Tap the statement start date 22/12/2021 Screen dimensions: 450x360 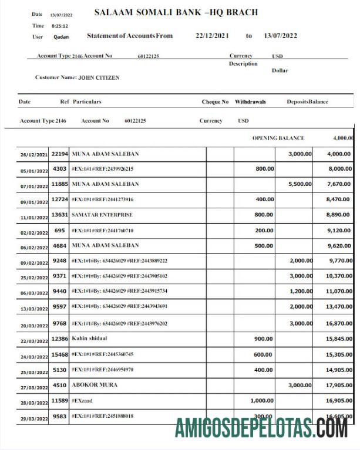[x=212, y=36]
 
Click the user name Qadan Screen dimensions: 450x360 [x=61, y=36]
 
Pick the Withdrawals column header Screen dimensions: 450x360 [x=250, y=101]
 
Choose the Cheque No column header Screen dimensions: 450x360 [x=215, y=101]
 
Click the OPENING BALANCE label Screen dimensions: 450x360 [x=278, y=138]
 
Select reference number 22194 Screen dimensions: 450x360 [x=59, y=154]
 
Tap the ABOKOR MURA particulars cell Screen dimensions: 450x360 [x=94, y=385]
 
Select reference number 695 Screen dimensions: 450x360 [x=59, y=231]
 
